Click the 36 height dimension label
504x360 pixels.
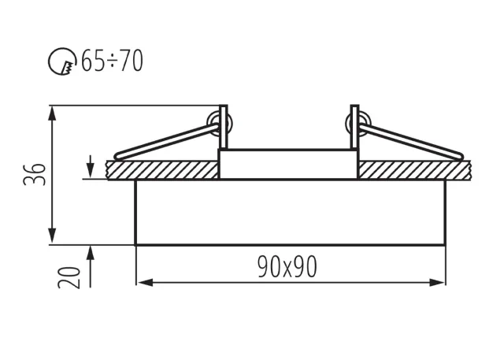tap(35, 174)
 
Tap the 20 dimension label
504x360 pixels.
tap(69, 278)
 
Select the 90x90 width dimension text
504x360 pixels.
tap(287, 267)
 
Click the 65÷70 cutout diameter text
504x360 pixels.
tap(112, 61)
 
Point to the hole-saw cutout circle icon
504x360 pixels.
tap(61, 61)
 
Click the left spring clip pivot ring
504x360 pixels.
tap(219, 124)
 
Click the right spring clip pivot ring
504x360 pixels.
tap(358, 124)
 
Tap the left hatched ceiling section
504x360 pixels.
tap(162, 170)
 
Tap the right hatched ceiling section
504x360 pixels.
tap(415, 170)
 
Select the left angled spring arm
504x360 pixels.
tap(167, 142)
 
